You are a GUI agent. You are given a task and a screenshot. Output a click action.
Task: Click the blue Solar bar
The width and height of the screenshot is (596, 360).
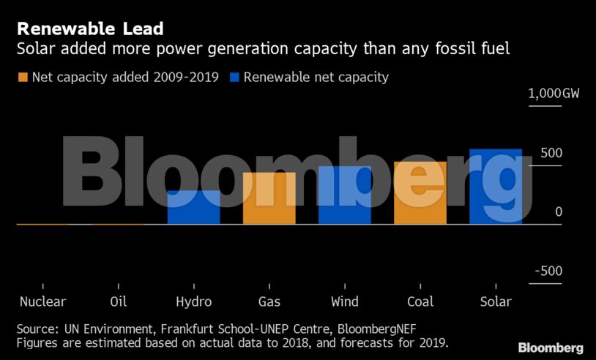496,187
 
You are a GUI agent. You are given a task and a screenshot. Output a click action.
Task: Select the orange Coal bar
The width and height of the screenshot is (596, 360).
420,193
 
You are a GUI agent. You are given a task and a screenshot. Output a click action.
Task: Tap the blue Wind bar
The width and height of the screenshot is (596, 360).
345,195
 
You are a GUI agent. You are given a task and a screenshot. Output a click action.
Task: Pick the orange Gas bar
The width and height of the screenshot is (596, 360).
269,198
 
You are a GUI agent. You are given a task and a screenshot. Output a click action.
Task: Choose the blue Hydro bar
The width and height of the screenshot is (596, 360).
194,207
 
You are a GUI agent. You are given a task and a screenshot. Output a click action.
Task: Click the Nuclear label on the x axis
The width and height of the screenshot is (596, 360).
43,301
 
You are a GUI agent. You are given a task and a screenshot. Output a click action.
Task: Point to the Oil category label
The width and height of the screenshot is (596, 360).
119,301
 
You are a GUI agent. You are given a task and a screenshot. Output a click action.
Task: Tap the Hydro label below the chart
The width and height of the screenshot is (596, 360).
194,301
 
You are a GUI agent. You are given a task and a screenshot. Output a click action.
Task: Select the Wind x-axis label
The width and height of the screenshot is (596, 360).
345,301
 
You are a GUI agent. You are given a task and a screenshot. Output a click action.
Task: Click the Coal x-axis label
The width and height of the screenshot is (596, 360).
420,301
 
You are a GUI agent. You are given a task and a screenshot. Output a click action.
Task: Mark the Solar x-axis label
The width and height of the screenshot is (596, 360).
496,301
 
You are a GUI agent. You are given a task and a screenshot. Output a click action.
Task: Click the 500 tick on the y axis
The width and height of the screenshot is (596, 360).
551,153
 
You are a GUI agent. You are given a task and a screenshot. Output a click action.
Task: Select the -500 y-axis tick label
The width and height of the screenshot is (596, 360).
548,271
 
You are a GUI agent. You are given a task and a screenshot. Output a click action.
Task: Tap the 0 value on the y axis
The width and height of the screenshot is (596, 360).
558,211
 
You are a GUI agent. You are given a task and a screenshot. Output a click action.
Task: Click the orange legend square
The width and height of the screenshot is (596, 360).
23,77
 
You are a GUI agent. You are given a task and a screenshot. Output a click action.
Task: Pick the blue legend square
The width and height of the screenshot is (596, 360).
234,77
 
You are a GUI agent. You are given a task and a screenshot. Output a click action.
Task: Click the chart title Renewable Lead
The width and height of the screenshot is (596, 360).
90,29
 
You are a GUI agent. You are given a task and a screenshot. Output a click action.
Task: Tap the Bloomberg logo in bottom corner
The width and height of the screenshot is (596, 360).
551,348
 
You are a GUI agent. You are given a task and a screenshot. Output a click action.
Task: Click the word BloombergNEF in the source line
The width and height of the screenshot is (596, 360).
379,329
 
